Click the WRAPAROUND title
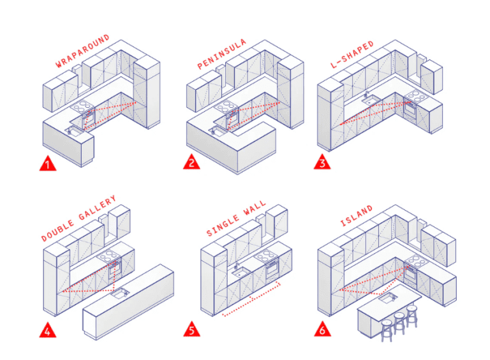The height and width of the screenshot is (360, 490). pyautogui.click(x=82, y=51)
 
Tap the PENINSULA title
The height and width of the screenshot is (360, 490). pyautogui.click(x=222, y=52)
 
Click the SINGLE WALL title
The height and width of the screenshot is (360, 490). pyautogui.click(x=236, y=220)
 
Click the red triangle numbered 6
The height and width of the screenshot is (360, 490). pyautogui.click(x=323, y=330)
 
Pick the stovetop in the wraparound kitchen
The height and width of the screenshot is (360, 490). pyautogui.click(x=84, y=107)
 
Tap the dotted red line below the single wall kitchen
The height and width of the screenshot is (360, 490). pyautogui.click(x=251, y=299)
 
